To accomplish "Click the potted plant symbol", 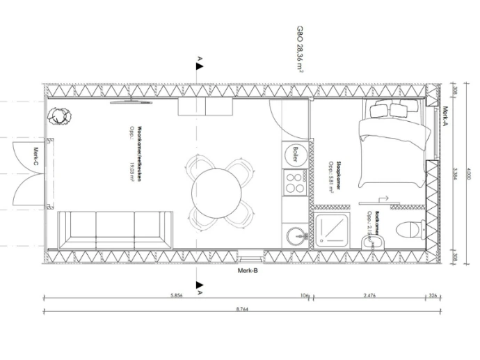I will click(x=58, y=118).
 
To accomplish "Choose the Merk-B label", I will click(x=248, y=270).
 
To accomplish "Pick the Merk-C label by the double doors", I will click(x=35, y=158).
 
